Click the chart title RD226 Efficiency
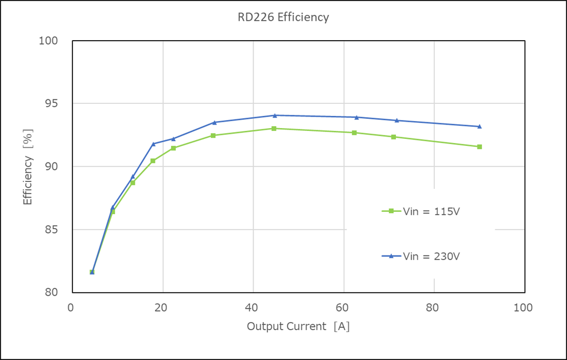[283, 17]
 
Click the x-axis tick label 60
[343, 308]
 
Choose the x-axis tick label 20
[162, 308]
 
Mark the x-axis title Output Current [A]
[298, 327]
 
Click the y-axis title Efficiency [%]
[28, 167]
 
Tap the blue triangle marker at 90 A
[479, 126]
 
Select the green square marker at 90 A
[479, 147]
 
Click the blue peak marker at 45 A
[275, 115]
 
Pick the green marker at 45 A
[274, 129]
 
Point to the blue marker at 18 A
[153, 144]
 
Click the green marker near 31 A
[213, 136]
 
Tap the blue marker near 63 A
[356, 117]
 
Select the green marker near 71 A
[393, 137]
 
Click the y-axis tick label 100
[48, 41]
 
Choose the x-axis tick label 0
[71, 308]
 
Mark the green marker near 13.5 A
[133, 183]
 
